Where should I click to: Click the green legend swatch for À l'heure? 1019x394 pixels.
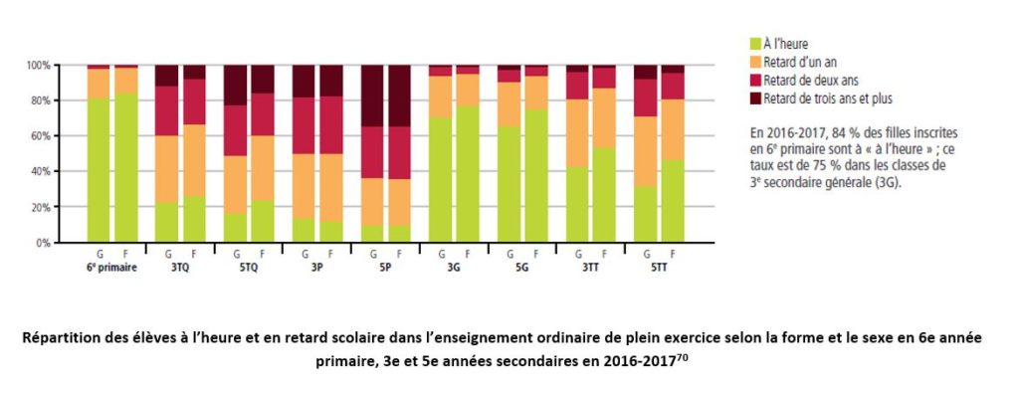coord(754,43)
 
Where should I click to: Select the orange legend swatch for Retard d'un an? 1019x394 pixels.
coord(754,62)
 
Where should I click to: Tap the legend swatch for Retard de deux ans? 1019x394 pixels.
coord(754,80)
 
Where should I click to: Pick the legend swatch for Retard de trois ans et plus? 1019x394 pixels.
coord(754,98)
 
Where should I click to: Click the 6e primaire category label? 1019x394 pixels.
coord(111,267)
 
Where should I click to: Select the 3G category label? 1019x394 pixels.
coord(453,267)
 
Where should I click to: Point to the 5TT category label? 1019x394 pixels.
coord(659,267)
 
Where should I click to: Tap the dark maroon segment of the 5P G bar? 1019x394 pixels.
coord(371,96)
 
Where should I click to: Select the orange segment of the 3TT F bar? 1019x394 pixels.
coord(605,117)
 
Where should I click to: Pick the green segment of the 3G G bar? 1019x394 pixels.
coord(440,179)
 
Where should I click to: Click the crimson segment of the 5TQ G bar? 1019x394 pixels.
coord(235,130)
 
